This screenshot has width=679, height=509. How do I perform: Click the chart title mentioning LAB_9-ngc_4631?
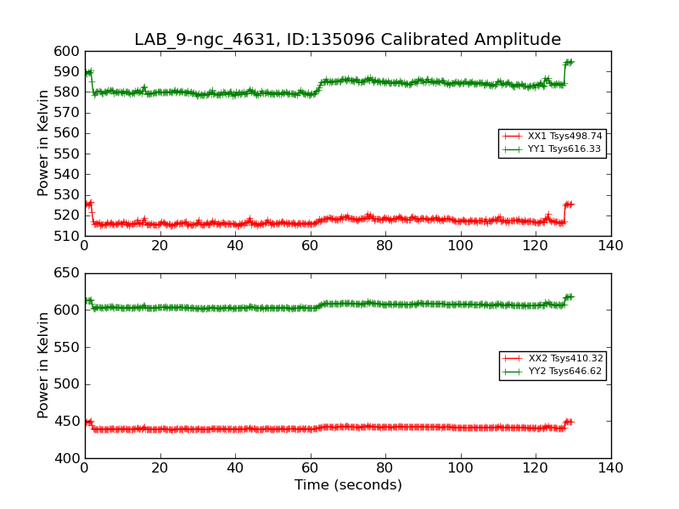[347, 40]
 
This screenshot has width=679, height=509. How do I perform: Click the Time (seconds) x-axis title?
[348, 485]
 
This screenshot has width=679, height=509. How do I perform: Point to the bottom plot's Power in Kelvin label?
[43, 365]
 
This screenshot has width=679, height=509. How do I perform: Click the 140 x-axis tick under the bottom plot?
[610, 468]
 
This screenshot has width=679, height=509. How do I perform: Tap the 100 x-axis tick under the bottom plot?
[460, 468]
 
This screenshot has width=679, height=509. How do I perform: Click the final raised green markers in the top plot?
[569, 62]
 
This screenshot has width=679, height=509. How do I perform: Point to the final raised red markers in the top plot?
[569, 204]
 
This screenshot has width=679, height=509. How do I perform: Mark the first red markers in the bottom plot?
[88, 422]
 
